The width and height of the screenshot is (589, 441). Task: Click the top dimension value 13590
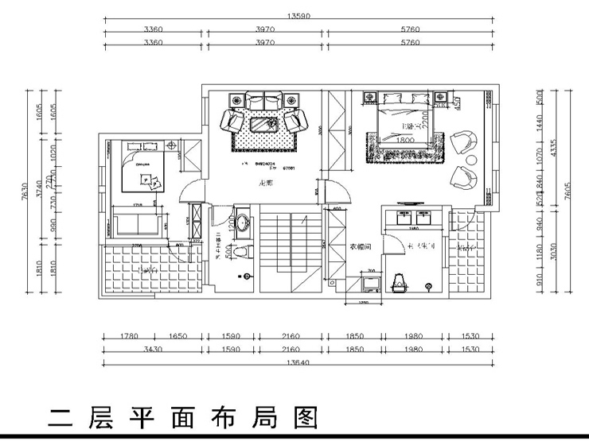point(295,15)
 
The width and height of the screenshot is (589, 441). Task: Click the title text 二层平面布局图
point(183,416)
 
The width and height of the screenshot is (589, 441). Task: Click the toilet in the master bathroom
point(400,280)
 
